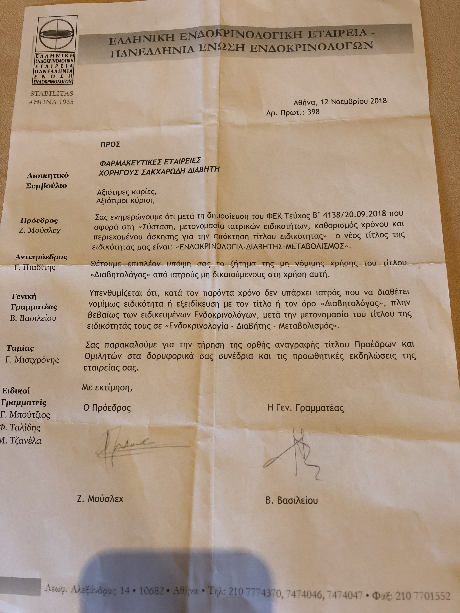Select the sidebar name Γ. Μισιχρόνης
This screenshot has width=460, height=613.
pos(32,360)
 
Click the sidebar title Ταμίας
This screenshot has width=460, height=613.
pos(20,348)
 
